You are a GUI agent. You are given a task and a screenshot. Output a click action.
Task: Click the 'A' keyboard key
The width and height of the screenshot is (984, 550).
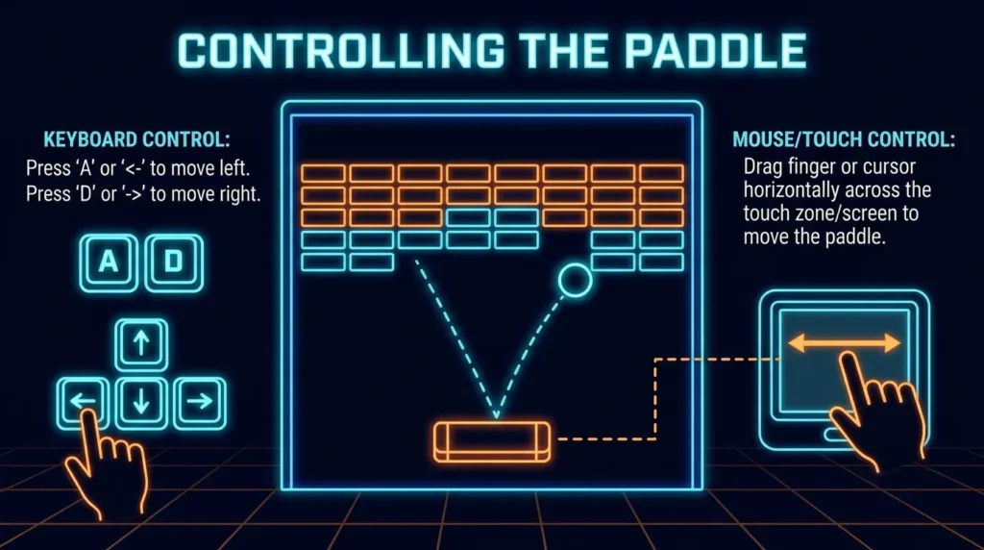coord(109,262)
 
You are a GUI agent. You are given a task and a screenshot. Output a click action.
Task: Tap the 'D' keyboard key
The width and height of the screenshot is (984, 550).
coord(174,262)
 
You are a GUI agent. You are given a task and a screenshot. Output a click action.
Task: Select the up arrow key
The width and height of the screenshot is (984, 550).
coord(141,344)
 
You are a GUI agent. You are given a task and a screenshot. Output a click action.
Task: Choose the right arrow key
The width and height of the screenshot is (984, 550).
coord(200,403)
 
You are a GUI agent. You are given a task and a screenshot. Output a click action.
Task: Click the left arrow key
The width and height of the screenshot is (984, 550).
coord(83,403)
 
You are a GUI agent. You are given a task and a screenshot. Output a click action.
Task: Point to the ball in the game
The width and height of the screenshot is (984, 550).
coord(575,280)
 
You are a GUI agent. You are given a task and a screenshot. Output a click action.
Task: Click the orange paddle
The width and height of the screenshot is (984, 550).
coord(492,442)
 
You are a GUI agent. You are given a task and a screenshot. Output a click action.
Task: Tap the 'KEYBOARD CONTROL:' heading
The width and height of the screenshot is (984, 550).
coord(136,139)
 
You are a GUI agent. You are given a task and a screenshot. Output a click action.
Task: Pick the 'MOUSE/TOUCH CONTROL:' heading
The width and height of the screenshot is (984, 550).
coord(844,139)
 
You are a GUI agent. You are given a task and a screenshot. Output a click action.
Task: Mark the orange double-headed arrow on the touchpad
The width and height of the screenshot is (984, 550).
coord(844,343)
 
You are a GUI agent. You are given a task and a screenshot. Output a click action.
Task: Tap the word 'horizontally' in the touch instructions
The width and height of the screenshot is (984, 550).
coord(792,190)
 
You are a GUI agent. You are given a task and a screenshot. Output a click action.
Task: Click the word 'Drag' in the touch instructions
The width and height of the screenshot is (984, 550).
coord(763,167)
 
